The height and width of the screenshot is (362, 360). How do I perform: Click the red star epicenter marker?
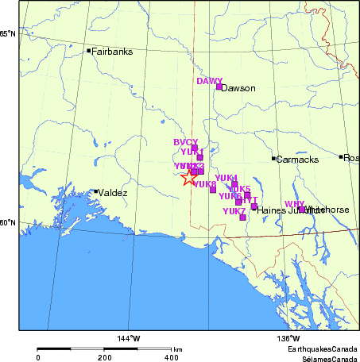(x=188, y=177)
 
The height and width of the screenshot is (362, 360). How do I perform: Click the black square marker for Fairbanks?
(x=89, y=51)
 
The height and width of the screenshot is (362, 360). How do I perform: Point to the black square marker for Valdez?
(x=95, y=191)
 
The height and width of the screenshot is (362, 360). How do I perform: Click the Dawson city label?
(x=239, y=88)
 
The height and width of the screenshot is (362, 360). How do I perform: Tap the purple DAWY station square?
(x=219, y=87)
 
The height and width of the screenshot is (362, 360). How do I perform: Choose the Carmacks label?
(x=297, y=160)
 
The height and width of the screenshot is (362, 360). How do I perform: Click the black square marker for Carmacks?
(x=274, y=159)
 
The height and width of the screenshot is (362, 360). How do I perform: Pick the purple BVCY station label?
(x=185, y=141)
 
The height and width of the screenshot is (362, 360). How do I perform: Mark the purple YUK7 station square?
(x=242, y=218)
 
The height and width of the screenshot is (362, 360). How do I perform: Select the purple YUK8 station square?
(x=213, y=189)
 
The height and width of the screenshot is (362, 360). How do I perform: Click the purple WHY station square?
(x=301, y=210)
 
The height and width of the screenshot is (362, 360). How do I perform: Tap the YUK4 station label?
(x=226, y=177)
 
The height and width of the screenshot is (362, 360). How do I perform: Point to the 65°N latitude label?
(x=8, y=34)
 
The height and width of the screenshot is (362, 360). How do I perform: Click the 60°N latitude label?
(x=8, y=222)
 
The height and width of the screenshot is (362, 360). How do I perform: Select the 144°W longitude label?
(x=130, y=339)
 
